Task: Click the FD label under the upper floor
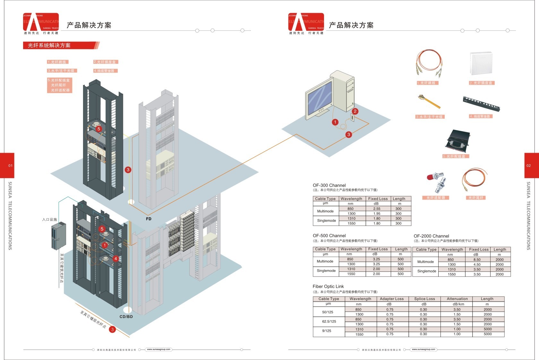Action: coord(149,219)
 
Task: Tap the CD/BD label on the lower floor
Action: coord(126,317)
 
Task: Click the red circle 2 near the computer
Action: coord(355,111)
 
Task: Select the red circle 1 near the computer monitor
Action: coord(335,122)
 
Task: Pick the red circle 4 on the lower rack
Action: coord(116,259)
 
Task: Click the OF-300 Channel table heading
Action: coord(329,185)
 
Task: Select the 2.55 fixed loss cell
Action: coord(377,209)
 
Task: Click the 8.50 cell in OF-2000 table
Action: coord(477,260)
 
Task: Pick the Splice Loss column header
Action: coord(424,299)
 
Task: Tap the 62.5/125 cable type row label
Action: coord(329,321)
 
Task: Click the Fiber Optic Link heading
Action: coord(328,287)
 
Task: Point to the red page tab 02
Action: coord(531,166)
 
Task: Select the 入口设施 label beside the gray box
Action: coord(49,219)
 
